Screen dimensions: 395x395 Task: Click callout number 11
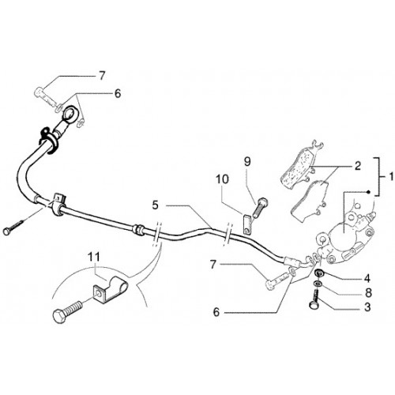tap(95, 257)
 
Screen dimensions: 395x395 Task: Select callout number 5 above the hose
tap(156, 205)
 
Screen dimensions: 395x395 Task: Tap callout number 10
tap(222, 179)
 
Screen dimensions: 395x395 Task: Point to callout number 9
tap(247, 162)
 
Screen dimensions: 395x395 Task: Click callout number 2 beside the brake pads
tap(357, 166)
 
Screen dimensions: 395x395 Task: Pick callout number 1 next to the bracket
tap(391, 176)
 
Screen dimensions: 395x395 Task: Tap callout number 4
tap(367, 278)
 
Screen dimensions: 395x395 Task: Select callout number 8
tap(367, 292)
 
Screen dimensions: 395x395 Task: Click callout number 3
tap(367, 307)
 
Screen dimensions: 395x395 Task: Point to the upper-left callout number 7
tap(102, 76)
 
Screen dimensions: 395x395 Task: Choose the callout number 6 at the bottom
tap(216, 312)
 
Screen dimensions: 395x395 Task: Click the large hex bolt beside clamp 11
tap(68, 311)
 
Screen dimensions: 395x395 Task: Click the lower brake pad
tap(310, 200)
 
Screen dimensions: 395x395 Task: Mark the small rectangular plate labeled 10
tap(246, 224)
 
